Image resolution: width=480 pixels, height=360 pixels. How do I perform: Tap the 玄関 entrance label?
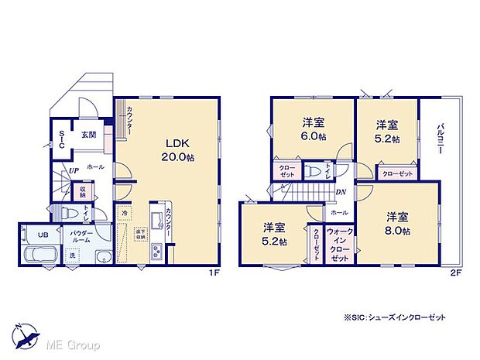[88, 135]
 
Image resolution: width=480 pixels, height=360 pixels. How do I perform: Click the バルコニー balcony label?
[439, 141]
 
